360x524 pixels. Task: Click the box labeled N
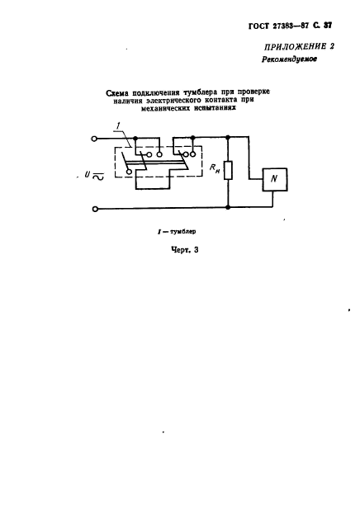point(275,179)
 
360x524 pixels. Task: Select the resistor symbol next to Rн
point(228,170)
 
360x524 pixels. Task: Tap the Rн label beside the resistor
point(215,168)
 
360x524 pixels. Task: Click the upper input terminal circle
point(95,139)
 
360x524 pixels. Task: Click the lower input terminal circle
point(95,210)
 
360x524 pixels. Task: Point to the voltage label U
point(88,174)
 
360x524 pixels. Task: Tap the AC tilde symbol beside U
point(98,176)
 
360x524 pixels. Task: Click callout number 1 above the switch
point(117,126)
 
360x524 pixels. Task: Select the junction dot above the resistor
point(228,137)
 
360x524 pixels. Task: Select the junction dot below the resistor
point(228,207)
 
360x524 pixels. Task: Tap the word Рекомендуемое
point(290,59)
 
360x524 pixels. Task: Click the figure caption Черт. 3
point(184,250)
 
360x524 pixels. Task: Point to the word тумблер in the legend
point(182,231)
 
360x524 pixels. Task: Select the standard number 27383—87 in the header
point(291,26)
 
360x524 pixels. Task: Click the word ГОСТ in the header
point(258,26)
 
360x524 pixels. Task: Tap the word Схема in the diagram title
point(117,93)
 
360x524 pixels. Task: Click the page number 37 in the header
point(328,26)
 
